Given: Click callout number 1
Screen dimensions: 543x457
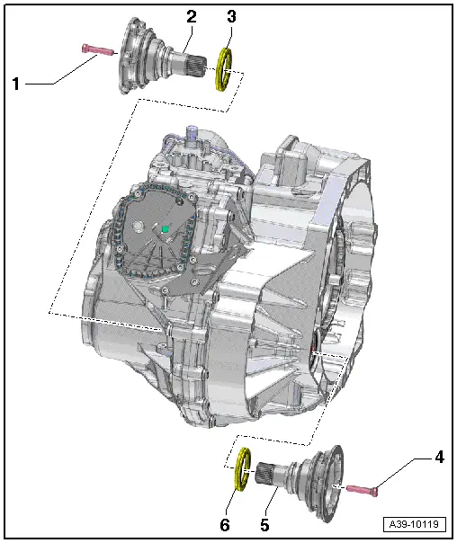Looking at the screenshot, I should coord(16,84).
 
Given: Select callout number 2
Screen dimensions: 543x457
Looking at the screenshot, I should coord(191,16).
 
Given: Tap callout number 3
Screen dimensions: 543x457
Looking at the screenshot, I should coord(231,16).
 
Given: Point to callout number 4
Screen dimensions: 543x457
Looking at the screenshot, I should coord(439,458).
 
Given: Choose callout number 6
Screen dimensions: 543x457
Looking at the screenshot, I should coord(226,522).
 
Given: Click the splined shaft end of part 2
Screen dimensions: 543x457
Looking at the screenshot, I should coord(202,65).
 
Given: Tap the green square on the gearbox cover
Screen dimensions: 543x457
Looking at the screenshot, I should coord(166,230).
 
